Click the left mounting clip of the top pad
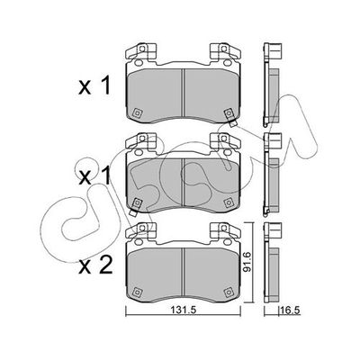click(144, 51)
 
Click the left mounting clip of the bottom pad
click(144, 229)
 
